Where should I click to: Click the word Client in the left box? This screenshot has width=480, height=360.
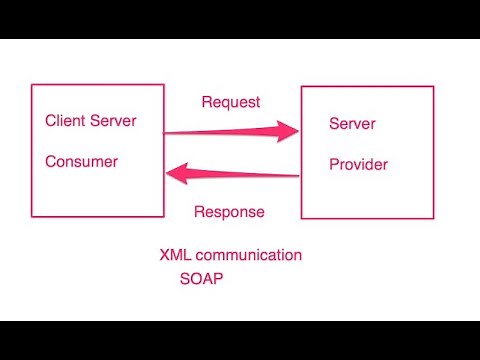[65, 122]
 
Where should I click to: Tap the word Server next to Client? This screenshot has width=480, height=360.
[113, 122]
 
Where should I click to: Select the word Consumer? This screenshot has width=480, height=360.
[81, 161]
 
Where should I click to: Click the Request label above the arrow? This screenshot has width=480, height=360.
[231, 102]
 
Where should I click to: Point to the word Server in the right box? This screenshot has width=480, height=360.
[353, 124]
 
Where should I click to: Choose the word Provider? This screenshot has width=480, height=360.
[358, 164]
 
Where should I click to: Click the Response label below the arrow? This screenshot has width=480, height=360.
[229, 212]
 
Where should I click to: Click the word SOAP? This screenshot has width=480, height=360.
[201, 279]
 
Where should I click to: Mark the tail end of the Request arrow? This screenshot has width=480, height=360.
[166, 132]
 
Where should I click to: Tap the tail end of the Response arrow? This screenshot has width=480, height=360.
[299, 176]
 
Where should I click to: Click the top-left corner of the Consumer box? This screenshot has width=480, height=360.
[32, 85]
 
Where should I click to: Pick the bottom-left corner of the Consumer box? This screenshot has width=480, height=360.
[32, 216]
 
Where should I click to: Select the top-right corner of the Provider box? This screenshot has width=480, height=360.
[433, 87]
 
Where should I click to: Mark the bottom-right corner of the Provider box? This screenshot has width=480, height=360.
[433, 218]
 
